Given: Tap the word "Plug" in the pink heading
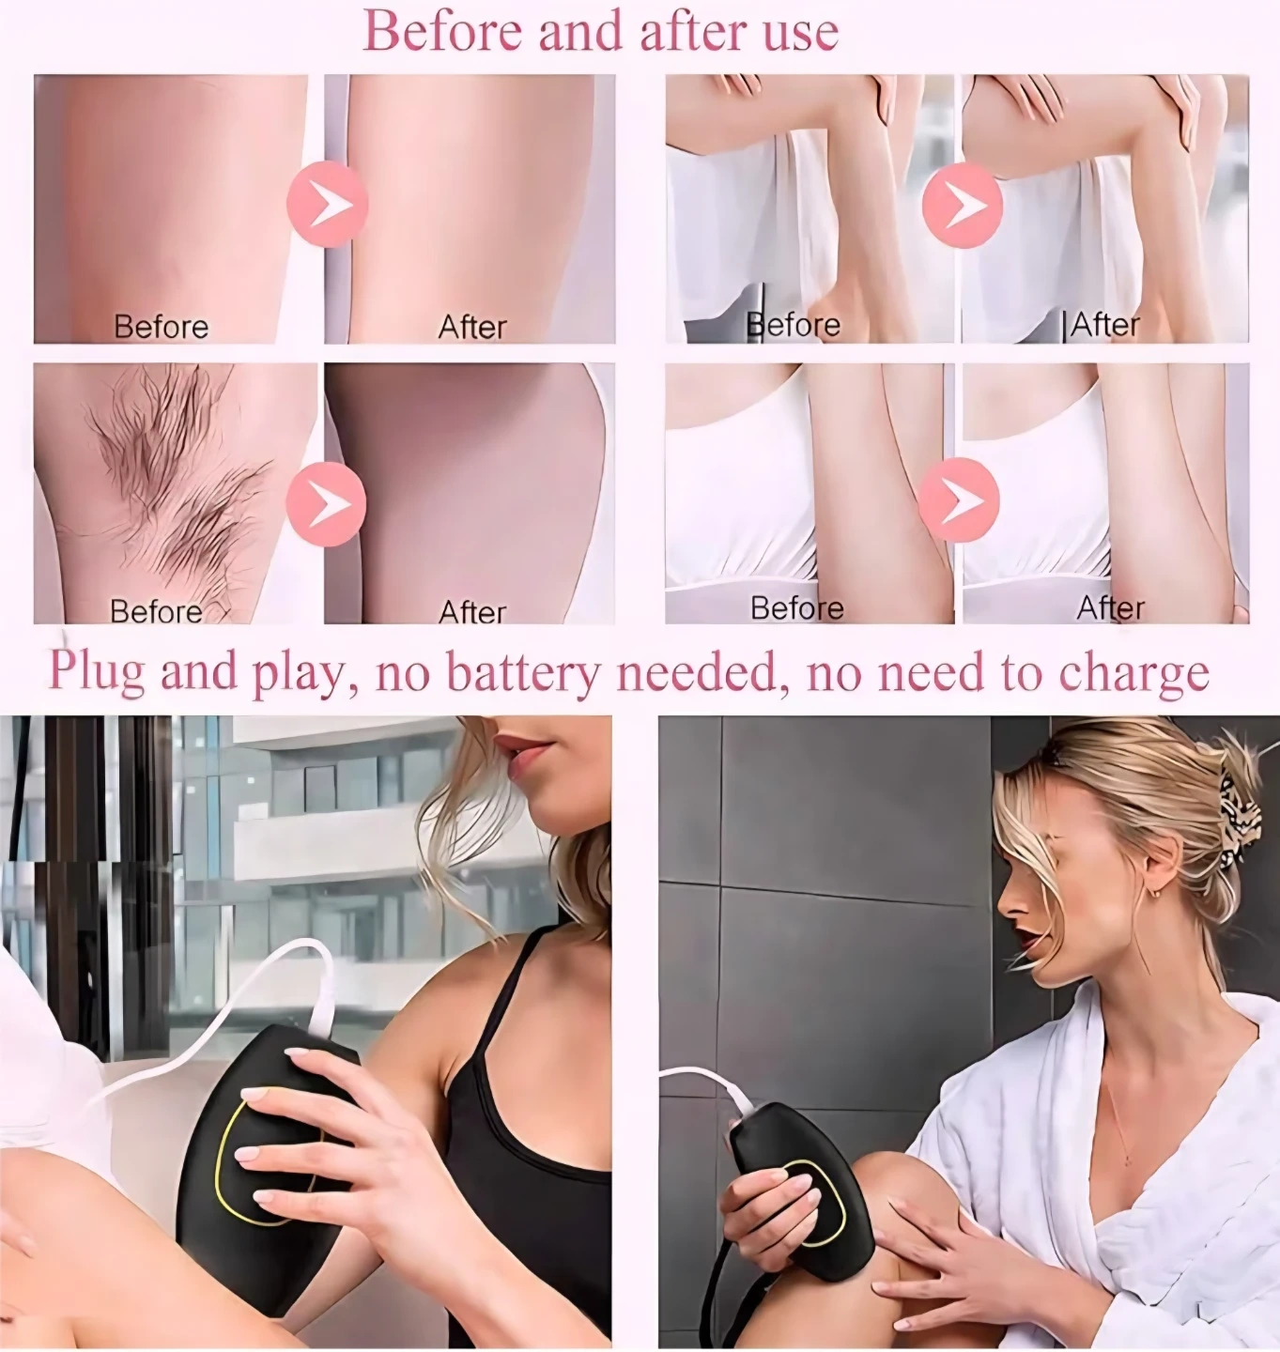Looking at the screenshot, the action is point(96,671).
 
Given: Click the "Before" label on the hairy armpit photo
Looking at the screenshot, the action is point(156,610).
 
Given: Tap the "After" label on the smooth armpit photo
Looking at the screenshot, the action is point(471,611).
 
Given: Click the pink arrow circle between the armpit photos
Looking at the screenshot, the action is point(326,503).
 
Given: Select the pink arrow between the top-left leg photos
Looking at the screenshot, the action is point(328,205).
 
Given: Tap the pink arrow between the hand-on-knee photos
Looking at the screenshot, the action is point(963,205).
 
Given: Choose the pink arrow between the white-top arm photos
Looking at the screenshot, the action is point(960,499).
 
